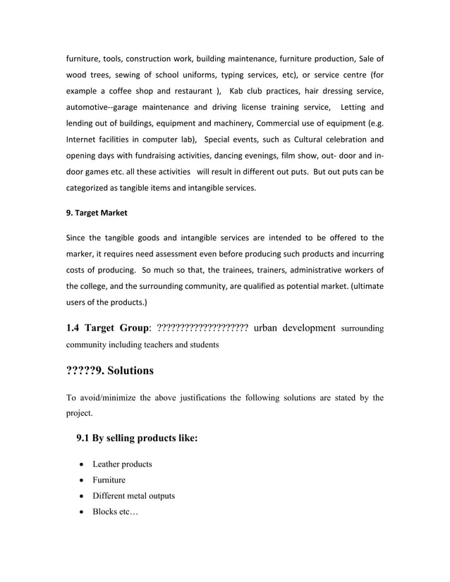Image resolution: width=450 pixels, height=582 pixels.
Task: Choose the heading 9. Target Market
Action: pyautogui.click(x=97, y=211)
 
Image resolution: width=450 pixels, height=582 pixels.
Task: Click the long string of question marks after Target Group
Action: pyautogui.click(x=201, y=327)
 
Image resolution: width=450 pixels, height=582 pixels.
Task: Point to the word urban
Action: pyautogui.click(x=266, y=327)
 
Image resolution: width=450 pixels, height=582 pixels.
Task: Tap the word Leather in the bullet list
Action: pyautogui.click(x=109, y=464)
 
